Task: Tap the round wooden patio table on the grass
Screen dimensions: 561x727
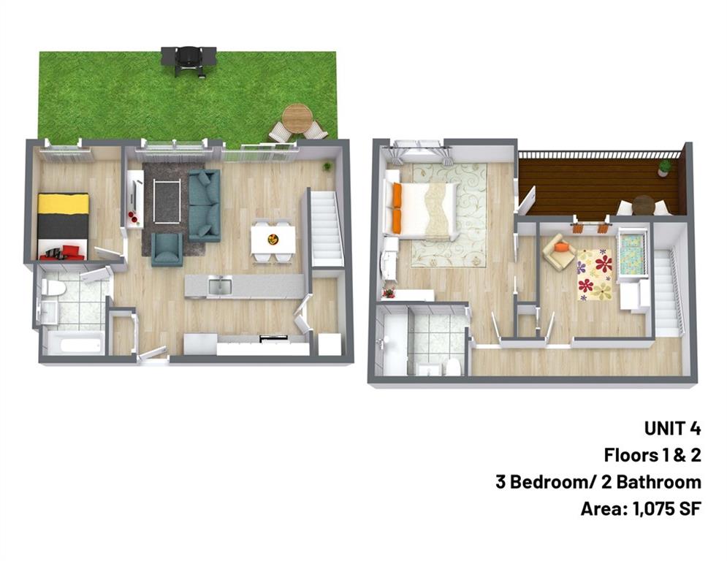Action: [297, 118]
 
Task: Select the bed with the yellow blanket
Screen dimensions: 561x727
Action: [63, 217]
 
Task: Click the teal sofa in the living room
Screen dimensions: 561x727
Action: [205, 206]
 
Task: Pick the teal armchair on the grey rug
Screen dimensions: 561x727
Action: [167, 248]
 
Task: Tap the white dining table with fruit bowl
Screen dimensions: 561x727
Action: [273, 240]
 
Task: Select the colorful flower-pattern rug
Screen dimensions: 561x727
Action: [595, 275]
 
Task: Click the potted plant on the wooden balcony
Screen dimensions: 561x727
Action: [664, 168]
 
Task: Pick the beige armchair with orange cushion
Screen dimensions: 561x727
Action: [560, 252]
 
